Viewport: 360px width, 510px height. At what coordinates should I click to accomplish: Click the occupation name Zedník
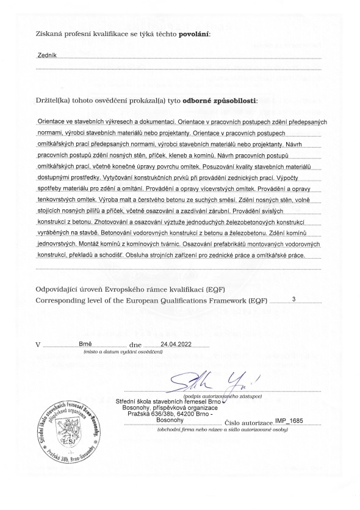coord(47,56)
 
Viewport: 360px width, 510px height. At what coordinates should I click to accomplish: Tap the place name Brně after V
coord(85,345)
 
